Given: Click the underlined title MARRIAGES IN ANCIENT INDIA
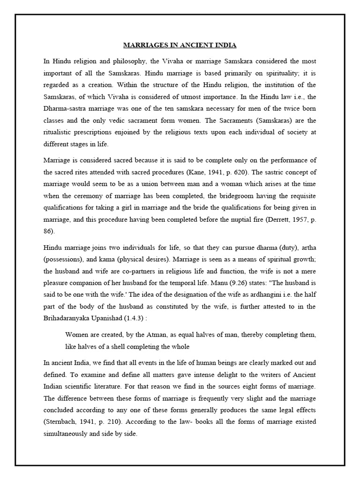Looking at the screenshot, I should click(x=180, y=45).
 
